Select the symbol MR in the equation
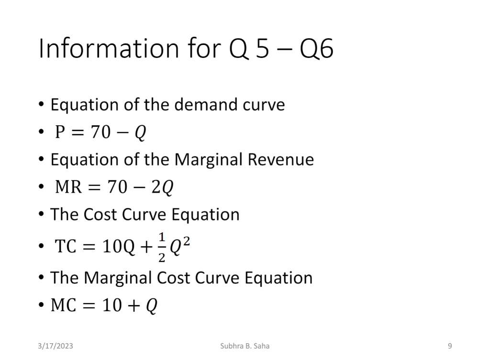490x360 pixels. point(68,187)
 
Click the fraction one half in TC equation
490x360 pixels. point(162,249)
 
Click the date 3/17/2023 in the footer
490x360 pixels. point(56,346)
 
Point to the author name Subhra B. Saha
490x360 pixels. point(245,346)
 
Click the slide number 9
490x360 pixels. point(450,346)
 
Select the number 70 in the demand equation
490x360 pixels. point(100,132)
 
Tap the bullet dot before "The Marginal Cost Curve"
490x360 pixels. point(42,278)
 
